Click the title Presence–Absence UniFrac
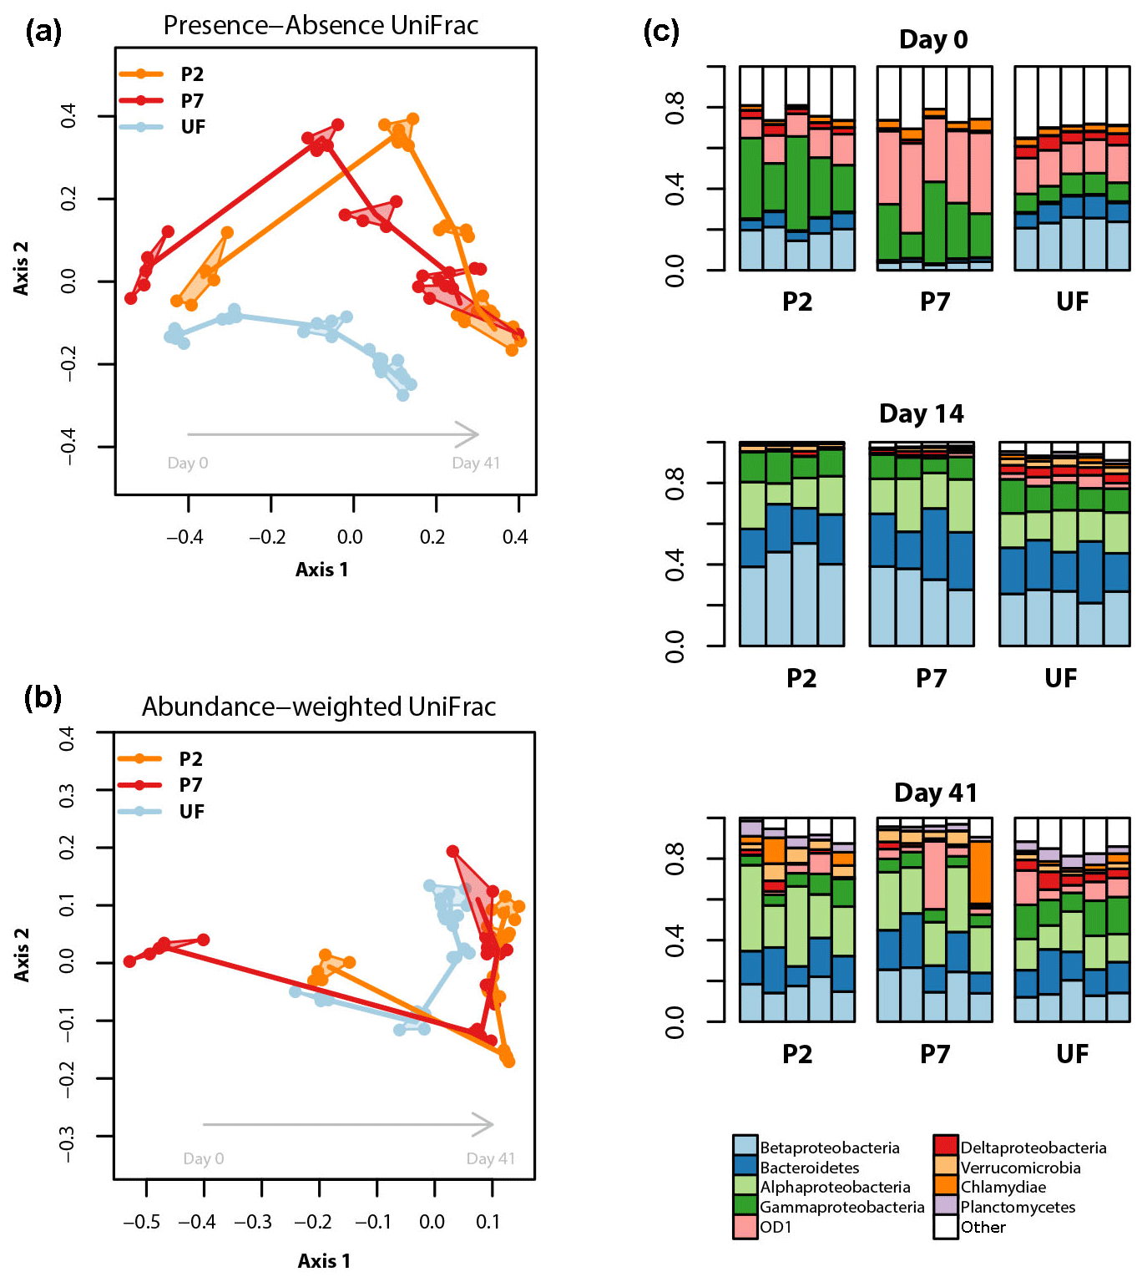tap(321, 26)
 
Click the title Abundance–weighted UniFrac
tap(319, 707)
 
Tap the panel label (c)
tap(661, 32)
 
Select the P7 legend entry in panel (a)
tap(192, 101)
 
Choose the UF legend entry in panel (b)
tap(191, 812)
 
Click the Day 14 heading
tap(921, 414)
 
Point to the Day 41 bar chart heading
tap(935, 793)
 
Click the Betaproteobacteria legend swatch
tap(745, 1148)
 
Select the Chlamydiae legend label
tap(1003, 1188)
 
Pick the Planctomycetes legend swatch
tap(945, 1207)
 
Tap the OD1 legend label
tap(776, 1227)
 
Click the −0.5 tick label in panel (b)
tap(141, 1223)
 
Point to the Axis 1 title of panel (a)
tap(321, 570)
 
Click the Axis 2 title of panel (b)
tap(22, 954)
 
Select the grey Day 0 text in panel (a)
tap(188, 464)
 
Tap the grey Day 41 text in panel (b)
tap(490, 1159)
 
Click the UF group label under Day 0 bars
tap(1072, 301)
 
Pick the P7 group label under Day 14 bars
tap(931, 678)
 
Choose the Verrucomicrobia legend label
tap(1020, 1168)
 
